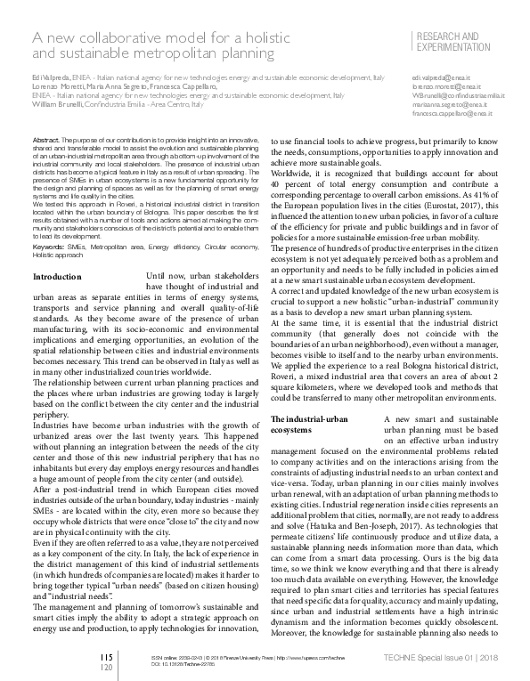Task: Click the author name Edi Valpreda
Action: click(49, 81)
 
